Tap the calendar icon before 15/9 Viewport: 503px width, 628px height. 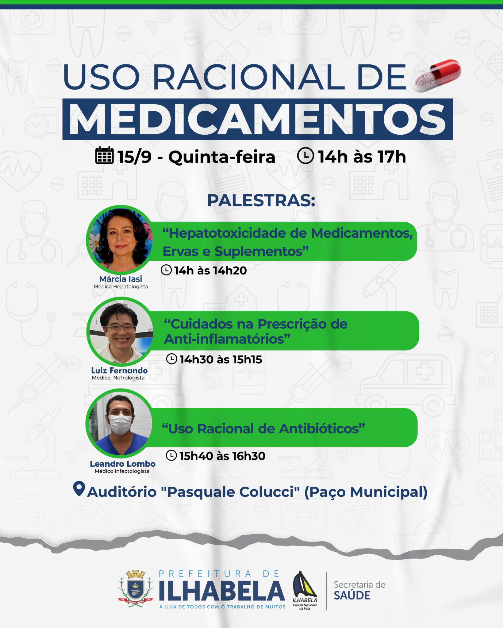[105, 155]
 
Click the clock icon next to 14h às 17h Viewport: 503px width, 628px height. [305, 156]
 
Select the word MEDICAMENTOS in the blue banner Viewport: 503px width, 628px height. [258, 119]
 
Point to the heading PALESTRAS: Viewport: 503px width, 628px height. [261, 201]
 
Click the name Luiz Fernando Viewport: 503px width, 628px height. [119, 370]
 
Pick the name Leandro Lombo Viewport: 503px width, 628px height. [123, 464]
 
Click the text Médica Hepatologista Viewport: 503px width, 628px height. [121, 287]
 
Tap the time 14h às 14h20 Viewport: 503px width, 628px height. [210, 270]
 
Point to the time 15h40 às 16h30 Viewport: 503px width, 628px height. [222, 456]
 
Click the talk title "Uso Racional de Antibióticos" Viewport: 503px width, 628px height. [263, 429]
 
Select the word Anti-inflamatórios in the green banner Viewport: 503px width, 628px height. [227, 339]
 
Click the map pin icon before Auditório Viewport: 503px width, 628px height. [79, 489]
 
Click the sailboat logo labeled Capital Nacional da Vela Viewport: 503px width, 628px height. [305, 590]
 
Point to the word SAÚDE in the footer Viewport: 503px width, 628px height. [352, 595]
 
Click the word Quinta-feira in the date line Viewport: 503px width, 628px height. [222, 157]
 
